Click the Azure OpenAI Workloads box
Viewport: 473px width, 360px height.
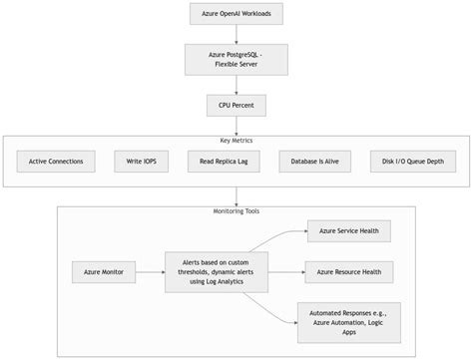pyautogui.click(x=236, y=13)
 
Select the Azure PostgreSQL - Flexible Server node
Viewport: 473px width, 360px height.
pyautogui.click(x=236, y=59)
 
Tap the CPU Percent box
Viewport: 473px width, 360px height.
pyautogui.click(x=236, y=104)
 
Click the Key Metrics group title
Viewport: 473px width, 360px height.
pyautogui.click(x=236, y=141)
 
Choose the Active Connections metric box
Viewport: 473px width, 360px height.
pyautogui.click(x=56, y=161)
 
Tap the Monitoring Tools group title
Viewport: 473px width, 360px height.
pyautogui.click(x=236, y=211)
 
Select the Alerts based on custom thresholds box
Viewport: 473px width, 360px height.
pyautogui.click(x=217, y=272)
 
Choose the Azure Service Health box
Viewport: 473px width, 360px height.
pyautogui.click(x=349, y=230)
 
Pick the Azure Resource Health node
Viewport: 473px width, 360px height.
pyautogui.click(x=349, y=272)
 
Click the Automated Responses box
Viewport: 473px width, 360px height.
pyautogui.click(x=349, y=321)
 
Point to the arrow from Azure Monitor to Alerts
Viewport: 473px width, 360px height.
pyautogui.click(x=149, y=272)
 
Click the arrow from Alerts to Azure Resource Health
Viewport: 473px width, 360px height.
pyautogui.click(x=286, y=272)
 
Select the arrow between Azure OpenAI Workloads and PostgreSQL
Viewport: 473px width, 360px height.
pyautogui.click(x=236, y=33)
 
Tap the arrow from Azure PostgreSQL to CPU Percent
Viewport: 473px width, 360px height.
pyautogui.click(x=236, y=84)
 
